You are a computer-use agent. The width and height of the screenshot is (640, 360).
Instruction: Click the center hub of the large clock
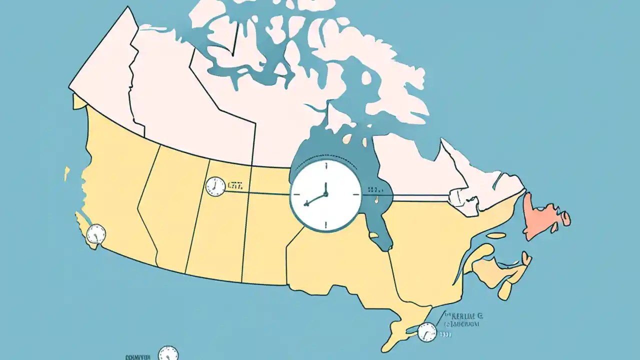[325, 194]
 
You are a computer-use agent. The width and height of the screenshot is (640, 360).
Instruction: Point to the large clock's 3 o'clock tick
[355, 194]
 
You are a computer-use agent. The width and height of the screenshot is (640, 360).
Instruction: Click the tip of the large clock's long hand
[305, 204]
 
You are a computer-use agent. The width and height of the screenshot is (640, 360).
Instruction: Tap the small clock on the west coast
[96, 234]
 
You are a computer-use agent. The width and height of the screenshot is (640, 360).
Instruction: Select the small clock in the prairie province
[215, 186]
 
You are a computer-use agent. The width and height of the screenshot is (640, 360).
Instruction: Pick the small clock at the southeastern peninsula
[426, 332]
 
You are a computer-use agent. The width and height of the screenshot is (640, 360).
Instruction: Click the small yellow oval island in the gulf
[496, 235]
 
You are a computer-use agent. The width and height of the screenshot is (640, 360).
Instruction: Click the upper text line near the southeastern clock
[466, 316]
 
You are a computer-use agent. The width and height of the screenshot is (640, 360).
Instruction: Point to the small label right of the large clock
[375, 190]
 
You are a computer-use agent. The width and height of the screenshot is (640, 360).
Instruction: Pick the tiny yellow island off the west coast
[66, 173]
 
